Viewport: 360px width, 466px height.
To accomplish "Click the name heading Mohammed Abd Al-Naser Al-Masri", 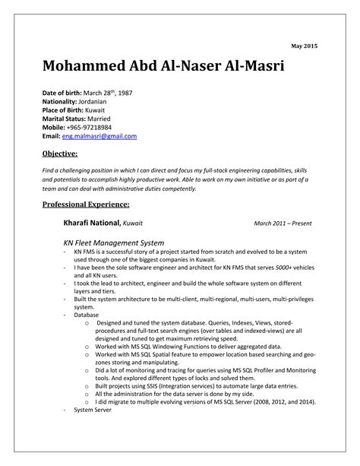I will [164, 68].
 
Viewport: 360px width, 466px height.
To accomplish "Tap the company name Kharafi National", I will [91, 223].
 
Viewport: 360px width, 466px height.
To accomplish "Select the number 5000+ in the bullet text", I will [261, 268].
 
